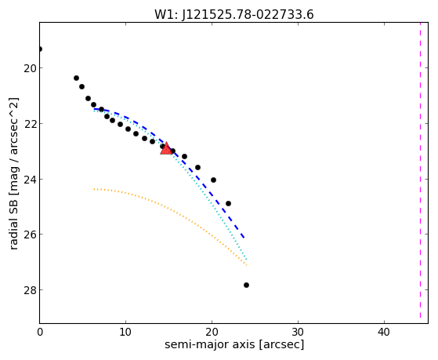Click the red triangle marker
click(166, 148)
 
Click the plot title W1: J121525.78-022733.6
click(234, 15)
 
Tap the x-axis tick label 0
click(40, 333)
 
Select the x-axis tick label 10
click(125, 333)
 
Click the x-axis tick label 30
click(298, 333)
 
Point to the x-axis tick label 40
click(384, 333)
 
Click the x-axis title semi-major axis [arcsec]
click(234, 344)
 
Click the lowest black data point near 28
click(246, 285)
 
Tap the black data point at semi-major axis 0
click(40, 49)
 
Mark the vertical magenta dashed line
click(420, 170)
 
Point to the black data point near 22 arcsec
click(228, 203)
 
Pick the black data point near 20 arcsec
click(213, 180)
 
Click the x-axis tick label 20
click(212, 333)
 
